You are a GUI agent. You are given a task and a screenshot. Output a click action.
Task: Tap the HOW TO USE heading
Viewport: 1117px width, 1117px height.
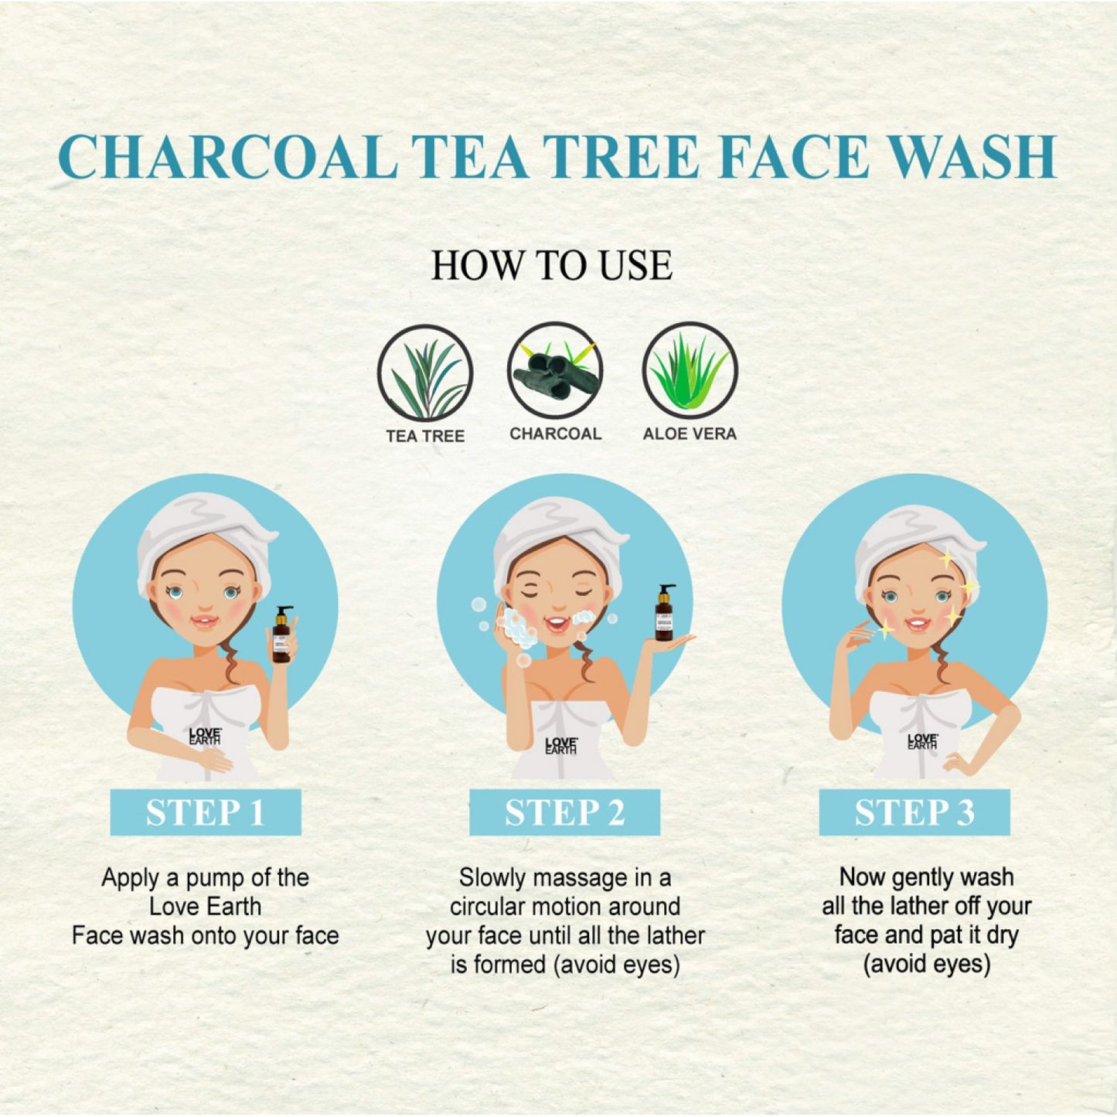552,265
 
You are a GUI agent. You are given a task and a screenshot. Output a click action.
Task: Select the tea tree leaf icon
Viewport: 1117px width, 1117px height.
425,372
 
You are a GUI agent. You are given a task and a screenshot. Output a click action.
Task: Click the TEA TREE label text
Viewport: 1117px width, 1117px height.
425,436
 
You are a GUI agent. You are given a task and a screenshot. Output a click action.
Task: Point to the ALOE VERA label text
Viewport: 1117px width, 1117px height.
690,434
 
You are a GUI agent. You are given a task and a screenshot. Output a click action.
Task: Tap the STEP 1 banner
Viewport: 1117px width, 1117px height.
206,812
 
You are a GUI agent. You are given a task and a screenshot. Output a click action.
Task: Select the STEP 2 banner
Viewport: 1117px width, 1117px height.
564,812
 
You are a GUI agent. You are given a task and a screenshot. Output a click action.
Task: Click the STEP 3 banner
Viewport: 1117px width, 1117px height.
914,812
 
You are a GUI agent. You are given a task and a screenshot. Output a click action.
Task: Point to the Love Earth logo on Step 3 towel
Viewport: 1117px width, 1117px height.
923,741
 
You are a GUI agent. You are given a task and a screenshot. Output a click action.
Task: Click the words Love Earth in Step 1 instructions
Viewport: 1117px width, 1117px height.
205,908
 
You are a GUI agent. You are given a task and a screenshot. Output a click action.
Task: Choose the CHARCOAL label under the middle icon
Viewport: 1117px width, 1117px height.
555,434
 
